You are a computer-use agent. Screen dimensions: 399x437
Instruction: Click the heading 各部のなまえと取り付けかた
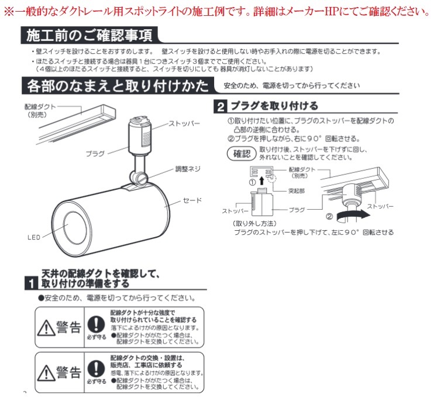pos(117,87)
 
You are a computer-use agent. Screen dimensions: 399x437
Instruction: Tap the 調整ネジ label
pos(188,168)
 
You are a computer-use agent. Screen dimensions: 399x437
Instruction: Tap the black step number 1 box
pos(31,284)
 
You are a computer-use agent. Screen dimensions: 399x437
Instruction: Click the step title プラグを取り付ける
pos(273,107)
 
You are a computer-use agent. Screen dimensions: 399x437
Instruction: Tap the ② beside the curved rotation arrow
pos(329,216)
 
